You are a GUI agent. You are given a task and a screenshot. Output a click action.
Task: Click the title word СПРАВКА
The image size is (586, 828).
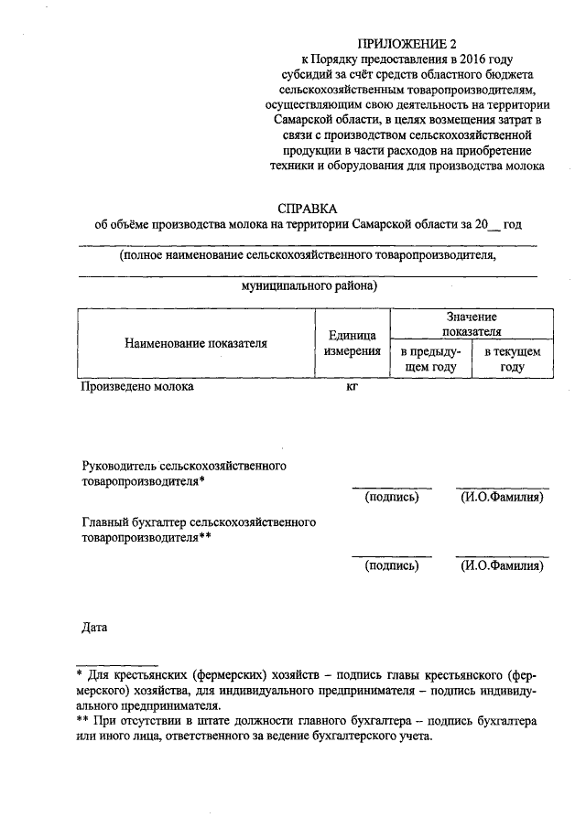[308, 209]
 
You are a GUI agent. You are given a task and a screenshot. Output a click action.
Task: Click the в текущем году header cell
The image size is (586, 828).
[513, 359]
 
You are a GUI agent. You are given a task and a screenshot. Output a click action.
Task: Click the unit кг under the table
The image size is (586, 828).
[352, 387]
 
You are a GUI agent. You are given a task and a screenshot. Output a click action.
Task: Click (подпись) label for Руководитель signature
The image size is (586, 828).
[392, 497]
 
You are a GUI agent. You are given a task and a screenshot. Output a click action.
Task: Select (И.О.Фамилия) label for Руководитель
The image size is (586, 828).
[503, 497]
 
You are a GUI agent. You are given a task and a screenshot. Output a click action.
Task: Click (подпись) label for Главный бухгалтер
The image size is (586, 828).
[392, 565]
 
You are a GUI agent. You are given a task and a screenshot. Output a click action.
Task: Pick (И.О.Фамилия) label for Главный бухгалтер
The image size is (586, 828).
[503, 565]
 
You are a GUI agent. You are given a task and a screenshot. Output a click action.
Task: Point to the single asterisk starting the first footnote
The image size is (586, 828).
[80, 673]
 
